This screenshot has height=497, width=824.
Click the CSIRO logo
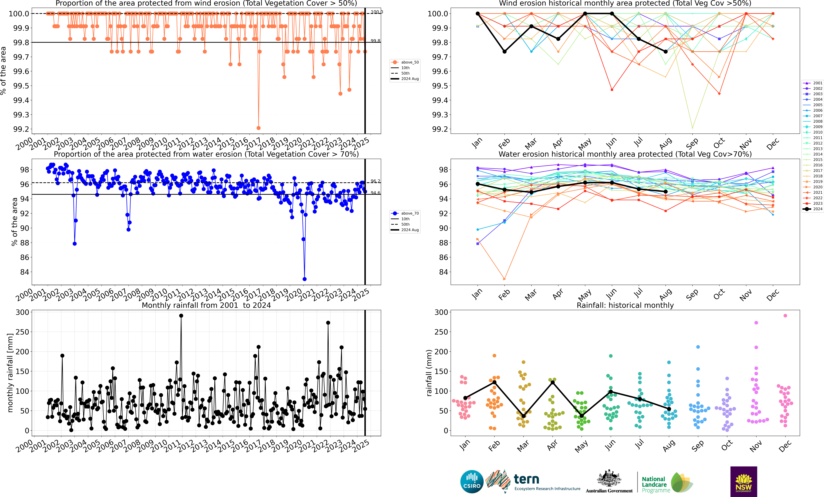471,482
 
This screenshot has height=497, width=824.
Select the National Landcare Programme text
655,485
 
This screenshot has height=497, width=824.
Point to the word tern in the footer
526,479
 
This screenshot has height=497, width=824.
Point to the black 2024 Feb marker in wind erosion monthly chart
504,51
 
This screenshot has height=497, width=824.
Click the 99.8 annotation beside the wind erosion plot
375,41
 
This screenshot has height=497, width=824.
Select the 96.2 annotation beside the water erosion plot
375,181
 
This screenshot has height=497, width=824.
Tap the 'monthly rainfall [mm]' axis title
10,373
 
